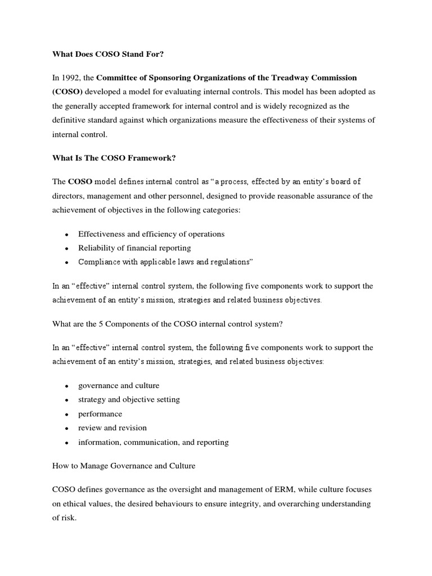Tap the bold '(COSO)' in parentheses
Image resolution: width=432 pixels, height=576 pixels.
[x=67, y=91]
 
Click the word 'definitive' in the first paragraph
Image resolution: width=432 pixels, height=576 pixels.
[x=71, y=120]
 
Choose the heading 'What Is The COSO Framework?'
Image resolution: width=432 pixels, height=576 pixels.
[x=114, y=158]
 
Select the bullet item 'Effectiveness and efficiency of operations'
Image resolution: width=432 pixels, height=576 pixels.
[x=151, y=233]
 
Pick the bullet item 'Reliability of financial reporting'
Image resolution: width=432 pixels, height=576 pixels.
[x=134, y=247]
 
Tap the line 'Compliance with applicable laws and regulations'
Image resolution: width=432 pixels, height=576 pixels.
[x=166, y=262]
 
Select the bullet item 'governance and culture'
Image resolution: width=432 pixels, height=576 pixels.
[x=119, y=385]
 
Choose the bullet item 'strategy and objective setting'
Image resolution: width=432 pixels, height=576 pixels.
[x=129, y=399]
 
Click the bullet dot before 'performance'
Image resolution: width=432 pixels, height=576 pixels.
[x=66, y=415]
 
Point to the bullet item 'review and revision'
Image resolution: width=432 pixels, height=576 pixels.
[x=112, y=428]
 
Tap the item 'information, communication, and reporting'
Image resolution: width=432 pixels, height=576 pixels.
[x=153, y=442]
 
